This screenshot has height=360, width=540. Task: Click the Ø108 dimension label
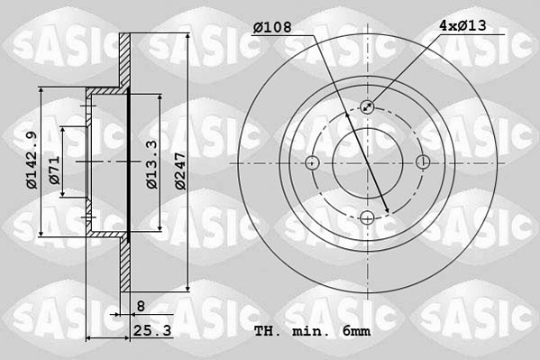[x=271, y=26]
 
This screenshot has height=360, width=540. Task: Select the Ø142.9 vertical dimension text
[x=31, y=160]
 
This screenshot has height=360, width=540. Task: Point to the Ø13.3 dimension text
[x=152, y=163]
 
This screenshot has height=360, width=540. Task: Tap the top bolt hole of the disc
[x=368, y=106]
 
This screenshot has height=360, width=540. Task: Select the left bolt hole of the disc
[x=312, y=162]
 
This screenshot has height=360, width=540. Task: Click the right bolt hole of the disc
[x=424, y=162]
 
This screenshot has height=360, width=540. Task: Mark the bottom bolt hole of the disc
[x=368, y=217]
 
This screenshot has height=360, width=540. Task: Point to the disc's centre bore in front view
[x=368, y=162]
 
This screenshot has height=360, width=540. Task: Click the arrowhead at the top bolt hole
[x=371, y=105]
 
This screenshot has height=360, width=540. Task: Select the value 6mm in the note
[x=356, y=332]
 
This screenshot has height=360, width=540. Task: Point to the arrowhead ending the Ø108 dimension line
[x=388, y=213]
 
